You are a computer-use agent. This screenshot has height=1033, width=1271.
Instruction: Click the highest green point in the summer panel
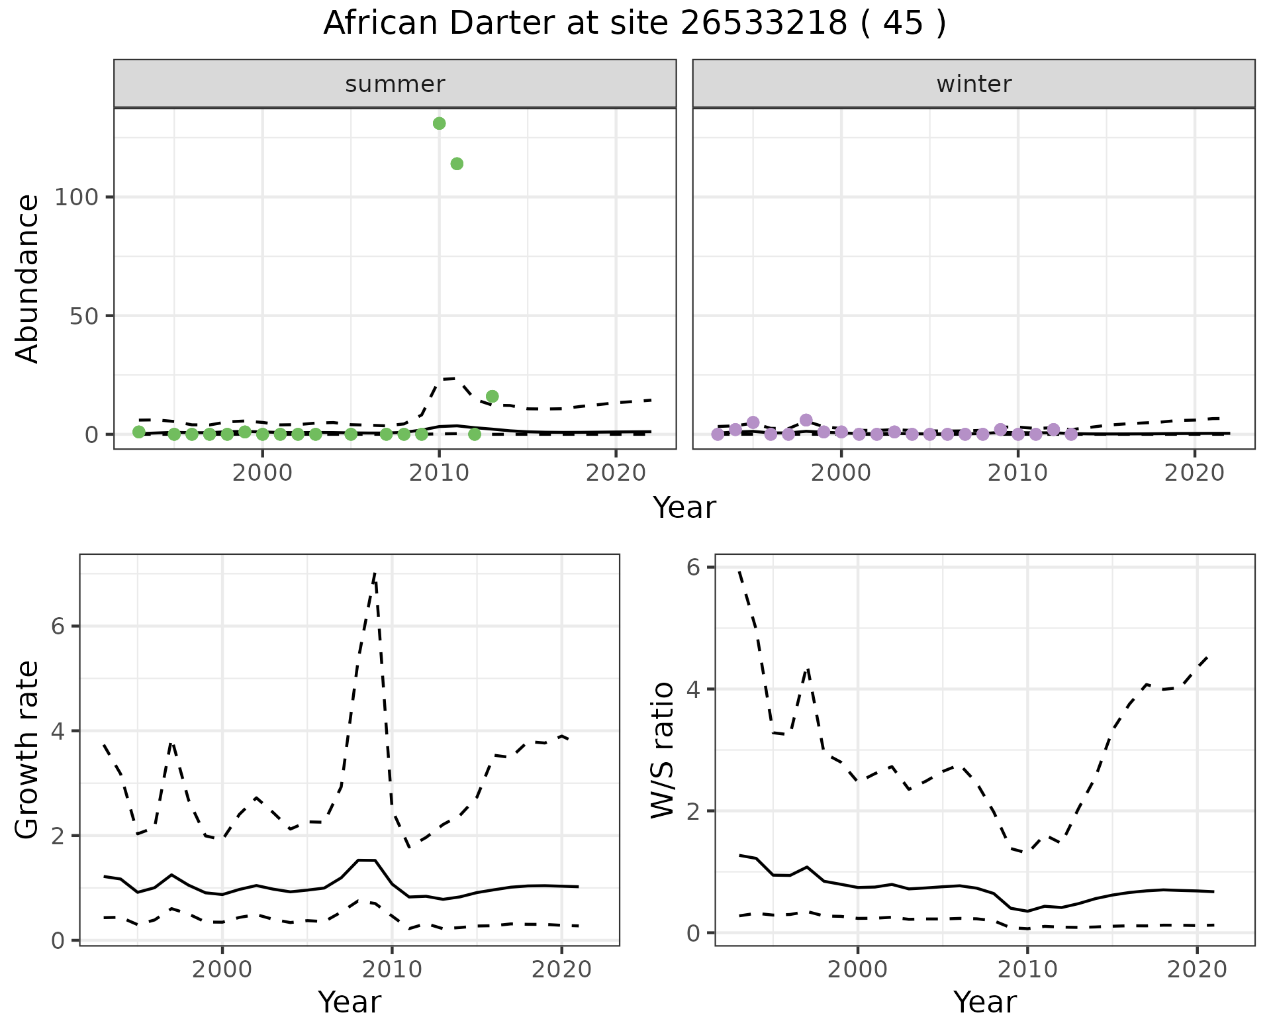[x=439, y=123]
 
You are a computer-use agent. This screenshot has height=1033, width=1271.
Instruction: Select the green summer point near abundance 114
[x=457, y=164]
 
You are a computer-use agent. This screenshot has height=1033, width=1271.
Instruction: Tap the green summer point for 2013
[x=492, y=396]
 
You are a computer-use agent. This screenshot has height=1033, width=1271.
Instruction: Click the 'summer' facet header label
[x=395, y=84]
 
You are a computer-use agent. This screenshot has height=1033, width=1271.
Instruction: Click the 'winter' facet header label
[x=974, y=84]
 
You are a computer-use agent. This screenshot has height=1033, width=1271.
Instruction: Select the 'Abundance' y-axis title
[x=28, y=278]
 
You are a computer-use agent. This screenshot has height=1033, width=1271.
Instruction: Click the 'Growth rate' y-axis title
[x=28, y=750]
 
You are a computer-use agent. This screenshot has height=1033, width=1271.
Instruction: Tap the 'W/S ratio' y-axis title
[x=663, y=750]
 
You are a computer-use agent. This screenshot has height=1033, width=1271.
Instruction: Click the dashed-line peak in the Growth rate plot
[x=375, y=573]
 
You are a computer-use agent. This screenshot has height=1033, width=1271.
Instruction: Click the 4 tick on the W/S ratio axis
[x=692, y=689]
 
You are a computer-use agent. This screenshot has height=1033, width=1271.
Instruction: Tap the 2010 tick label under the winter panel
[x=1018, y=473]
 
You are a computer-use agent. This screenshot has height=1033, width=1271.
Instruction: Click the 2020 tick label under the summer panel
[x=616, y=473]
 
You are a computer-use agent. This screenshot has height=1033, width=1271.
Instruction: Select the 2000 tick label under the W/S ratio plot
[x=857, y=970]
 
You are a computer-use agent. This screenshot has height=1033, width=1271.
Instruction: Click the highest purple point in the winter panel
[x=806, y=420]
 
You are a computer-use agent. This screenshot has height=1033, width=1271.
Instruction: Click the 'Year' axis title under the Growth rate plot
[x=350, y=1003]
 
